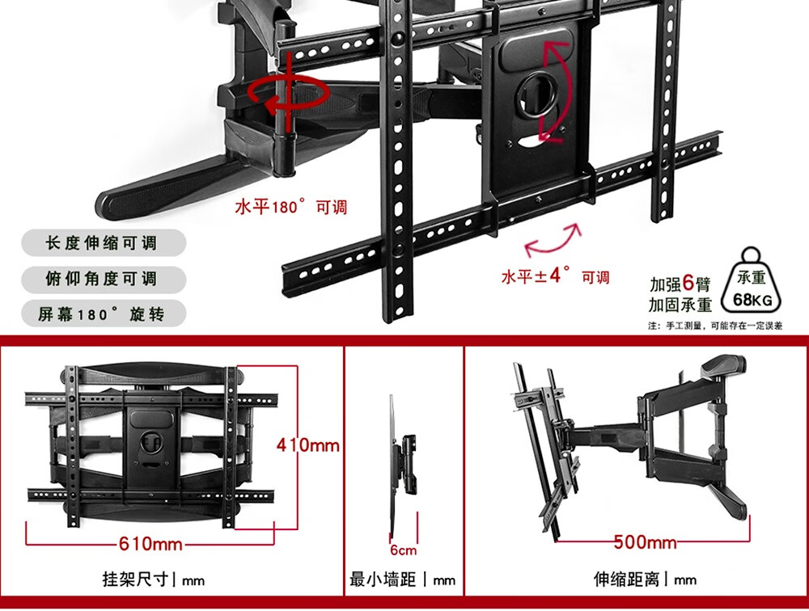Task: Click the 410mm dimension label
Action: (x=307, y=445)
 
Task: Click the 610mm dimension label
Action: (x=150, y=544)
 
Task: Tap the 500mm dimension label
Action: (x=645, y=541)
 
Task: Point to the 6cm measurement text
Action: (x=403, y=550)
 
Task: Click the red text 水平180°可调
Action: (x=290, y=208)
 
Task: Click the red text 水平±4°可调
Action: (x=555, y=276)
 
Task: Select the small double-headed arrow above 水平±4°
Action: (x=553, y=240)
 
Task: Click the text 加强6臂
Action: (x=680, y=284)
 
